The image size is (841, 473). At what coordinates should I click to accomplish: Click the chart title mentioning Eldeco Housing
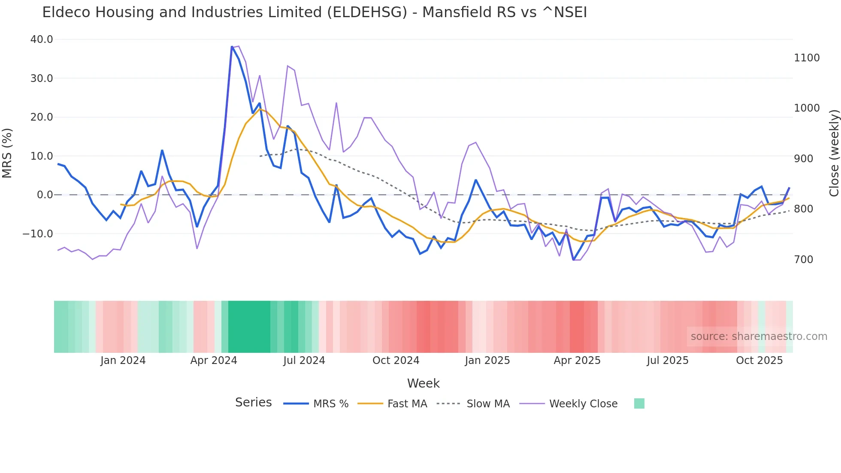(x=314, y=12)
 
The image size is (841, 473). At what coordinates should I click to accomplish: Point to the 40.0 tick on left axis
(x=42, y=39)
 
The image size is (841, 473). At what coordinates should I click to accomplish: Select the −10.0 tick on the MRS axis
(x=38, y=234)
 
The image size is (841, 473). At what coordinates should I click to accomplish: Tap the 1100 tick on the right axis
(x=807, y=58)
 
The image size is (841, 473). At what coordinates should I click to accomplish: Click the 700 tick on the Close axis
(x=803, y=260)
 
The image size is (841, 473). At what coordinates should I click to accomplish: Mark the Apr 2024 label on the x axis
(x=214, y=361)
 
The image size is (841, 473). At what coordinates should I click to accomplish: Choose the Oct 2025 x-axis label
(x=759, y=361)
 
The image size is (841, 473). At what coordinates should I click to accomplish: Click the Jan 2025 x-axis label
(x=487, y=361)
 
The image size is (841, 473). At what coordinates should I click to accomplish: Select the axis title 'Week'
(x=423, y=383)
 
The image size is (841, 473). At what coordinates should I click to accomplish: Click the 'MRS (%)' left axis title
(x=7, y=153)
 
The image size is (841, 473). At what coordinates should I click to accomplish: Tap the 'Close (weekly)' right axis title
(x=834, y=153)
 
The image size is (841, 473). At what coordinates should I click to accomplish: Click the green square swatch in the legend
(x=639, y=403)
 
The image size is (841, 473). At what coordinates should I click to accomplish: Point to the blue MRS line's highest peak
(x=232, y=47)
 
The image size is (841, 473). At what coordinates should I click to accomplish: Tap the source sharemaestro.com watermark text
(x=759, y=337)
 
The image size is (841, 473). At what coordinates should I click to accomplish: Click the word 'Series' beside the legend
(x=253, y=403)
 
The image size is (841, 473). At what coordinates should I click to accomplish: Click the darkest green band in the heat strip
(x=249, y=327)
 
